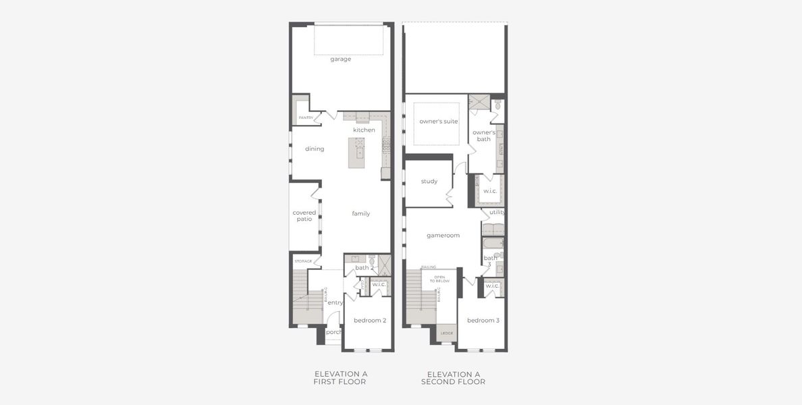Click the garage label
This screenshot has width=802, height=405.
click(x=340, y=59)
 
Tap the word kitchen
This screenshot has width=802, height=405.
click(x=364, y=130)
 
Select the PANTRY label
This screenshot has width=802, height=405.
click(x=306, y=117)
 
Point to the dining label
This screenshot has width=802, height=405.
click(x=315, y=149)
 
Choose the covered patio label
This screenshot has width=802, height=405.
click(x=304, y=216)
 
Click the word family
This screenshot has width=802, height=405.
click(x=361, y=214)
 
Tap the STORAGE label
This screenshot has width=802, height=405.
click(x=303, y=261)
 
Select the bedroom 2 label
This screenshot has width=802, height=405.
click(x=370, y=321)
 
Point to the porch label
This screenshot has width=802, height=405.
click(x=334, y=332)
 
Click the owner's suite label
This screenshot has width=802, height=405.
click(x=439, y=122)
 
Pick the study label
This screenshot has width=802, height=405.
click(x=429, y=182)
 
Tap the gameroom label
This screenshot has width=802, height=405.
click(x=443, y=236)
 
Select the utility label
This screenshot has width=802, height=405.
click(x=498, y=212)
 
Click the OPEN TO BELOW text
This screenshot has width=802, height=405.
click(x=439, y=279)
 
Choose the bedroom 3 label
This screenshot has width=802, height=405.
click(x=483, y=321)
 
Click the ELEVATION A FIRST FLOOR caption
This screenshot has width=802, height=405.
click(x=340, y=378)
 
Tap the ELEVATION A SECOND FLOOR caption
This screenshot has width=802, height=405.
click(x=453, y=378)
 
